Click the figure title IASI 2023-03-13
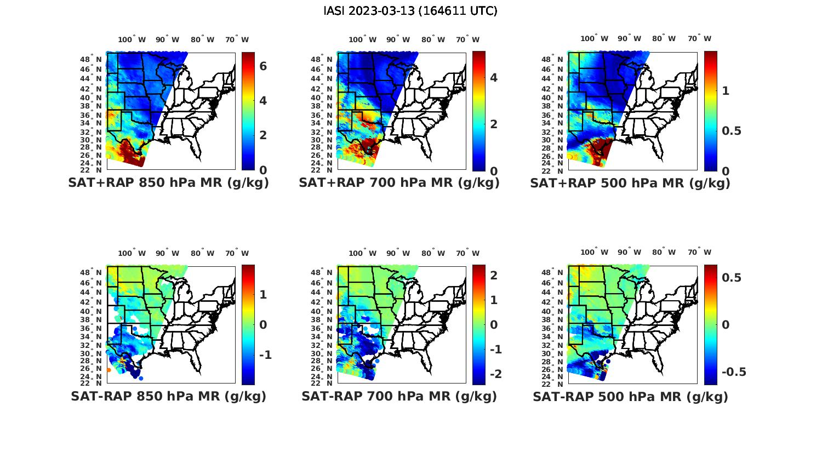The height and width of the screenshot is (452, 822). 410,11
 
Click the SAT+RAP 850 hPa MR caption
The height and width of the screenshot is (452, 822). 169,183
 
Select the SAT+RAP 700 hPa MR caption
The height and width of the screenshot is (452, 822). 399,183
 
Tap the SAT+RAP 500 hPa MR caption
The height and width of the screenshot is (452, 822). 630,183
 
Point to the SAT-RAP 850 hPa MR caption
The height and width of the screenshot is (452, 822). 169,396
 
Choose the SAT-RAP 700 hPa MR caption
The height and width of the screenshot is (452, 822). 399,396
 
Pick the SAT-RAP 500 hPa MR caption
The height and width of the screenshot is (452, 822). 630,396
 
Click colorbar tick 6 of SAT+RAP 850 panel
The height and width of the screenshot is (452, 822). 263,66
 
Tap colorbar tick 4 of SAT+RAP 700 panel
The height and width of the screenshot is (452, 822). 494,77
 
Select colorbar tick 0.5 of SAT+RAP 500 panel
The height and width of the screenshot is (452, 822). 732,131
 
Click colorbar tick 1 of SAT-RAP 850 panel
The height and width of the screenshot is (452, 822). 263,295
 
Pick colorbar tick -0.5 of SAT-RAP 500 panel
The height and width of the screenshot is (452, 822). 734,372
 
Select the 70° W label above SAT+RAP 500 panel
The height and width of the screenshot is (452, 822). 700,38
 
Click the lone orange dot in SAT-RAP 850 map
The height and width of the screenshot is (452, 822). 109,370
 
